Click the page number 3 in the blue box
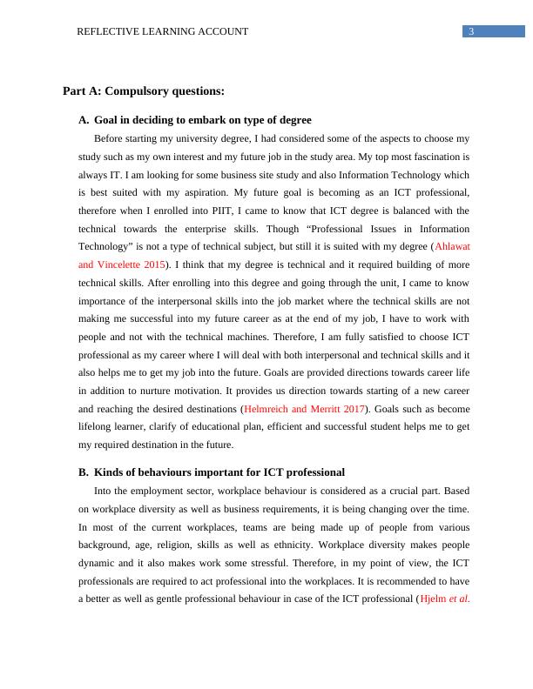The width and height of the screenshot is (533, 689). click(471, 31)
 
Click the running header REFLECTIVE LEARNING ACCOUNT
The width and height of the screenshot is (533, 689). click(163, 31)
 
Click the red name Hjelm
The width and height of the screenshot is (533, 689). click(434, 598)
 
